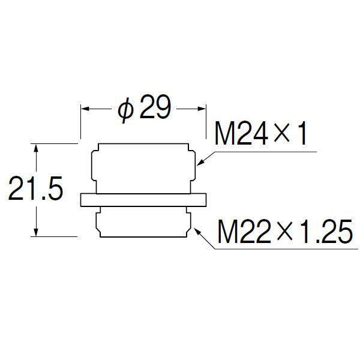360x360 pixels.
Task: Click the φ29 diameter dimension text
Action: pos(145,109)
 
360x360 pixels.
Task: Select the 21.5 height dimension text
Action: pos(35,188)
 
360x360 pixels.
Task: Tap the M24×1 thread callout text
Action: pos(260,133)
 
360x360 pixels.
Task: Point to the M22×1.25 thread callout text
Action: pos(284,232)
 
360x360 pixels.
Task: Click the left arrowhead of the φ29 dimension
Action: pos(85,109)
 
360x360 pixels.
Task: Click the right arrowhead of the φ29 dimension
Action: pos(202,109)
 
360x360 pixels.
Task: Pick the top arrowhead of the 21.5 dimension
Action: pos(35,148)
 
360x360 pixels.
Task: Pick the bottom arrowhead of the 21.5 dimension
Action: pos(35,232)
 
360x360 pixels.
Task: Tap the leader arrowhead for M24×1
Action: pos(200,163)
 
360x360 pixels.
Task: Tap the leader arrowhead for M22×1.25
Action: pos(198,231)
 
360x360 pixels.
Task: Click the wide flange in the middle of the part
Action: pos(143,200)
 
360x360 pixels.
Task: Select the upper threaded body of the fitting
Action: pos(143,169)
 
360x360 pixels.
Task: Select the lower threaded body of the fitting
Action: pos(143,222)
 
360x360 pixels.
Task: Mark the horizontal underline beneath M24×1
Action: pos(266,152)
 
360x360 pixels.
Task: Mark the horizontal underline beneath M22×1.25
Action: pos(287,249)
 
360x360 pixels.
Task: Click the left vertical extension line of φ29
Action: pos(80,122)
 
